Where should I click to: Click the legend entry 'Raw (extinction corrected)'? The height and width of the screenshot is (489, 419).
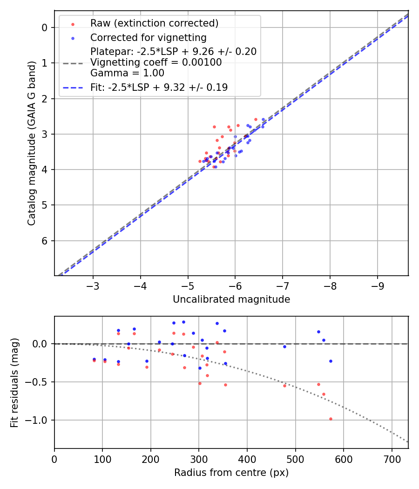[x=154, y=23]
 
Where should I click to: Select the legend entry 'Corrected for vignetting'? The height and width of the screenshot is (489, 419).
[x=148, y=37]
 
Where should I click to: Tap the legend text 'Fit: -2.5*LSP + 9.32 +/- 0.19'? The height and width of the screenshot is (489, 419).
[x=159, y=87]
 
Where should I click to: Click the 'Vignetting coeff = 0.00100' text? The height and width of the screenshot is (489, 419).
[x=156, y=62]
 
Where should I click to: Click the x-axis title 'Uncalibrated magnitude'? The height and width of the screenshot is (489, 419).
[x=231, y=299]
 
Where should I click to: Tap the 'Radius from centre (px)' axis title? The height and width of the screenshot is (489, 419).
[x=231, y=473]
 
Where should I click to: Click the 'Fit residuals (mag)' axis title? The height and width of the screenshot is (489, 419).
[x=14, y=382]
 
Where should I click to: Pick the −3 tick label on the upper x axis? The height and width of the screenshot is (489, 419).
[x=93, y=285]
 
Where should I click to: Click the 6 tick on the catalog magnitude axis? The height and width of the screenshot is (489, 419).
[x=45, y=241]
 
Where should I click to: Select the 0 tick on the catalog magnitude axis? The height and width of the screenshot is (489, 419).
[x=45, y=27]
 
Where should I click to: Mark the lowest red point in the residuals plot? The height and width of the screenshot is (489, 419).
[x=331, y=419]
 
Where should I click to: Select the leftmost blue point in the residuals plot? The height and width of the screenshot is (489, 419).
[x=94, y=359]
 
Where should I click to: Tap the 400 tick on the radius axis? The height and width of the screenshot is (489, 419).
[x=247, y=458]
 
